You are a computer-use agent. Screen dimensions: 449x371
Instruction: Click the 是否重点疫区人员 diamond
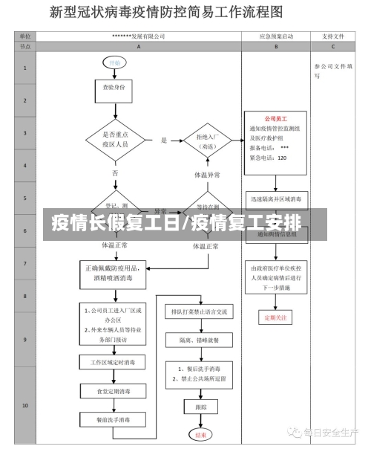[x=114, y=139]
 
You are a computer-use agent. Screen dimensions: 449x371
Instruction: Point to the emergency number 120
[x=282, y=157]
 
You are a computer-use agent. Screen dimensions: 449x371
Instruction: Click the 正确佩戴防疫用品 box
[x=114, y=272]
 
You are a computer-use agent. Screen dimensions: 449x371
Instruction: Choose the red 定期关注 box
[x=275, y=317]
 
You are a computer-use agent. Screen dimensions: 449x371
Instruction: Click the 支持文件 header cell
[x=333, y=36]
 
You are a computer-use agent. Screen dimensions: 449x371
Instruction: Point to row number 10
[x=24, y=406]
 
